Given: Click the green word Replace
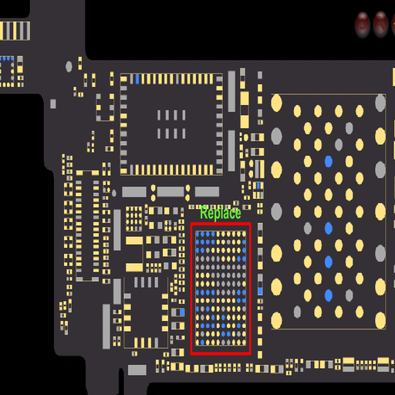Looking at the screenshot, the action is (x=221, y=213).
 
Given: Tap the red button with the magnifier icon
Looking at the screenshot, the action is (x=380, y=24).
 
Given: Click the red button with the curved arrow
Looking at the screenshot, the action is (x=363, y=25).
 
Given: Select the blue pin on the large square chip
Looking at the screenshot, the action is (x=137, y=79).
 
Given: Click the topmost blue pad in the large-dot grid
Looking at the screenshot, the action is (x=329, y=161).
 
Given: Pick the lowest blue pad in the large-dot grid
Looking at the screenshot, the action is (x=329, y=295).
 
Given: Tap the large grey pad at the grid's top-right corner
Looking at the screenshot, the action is (x=380, y=103).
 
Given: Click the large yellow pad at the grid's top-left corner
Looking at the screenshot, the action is (x=276, y=103).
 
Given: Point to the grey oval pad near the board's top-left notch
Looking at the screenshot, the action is (x=69, y=66).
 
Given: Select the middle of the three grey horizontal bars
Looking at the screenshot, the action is (x=170, y=192).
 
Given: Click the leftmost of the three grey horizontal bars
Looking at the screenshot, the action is (x=134, y=192).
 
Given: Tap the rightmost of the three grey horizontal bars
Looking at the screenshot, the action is (x=207, y=192).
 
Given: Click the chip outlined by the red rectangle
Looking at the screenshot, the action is (x=221, y=289).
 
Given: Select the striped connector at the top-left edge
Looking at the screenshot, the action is (x=15, y=31).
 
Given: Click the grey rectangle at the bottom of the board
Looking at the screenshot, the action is (x=137, y=370).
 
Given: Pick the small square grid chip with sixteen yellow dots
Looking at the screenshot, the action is (x=133, y=218).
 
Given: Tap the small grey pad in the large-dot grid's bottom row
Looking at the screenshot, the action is (x=297, y=312).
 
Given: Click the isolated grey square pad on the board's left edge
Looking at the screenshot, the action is (x=53, y=104).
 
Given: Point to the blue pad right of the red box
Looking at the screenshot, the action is (x=260, y=291).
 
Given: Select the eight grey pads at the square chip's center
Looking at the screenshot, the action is (x=171, y=124).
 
